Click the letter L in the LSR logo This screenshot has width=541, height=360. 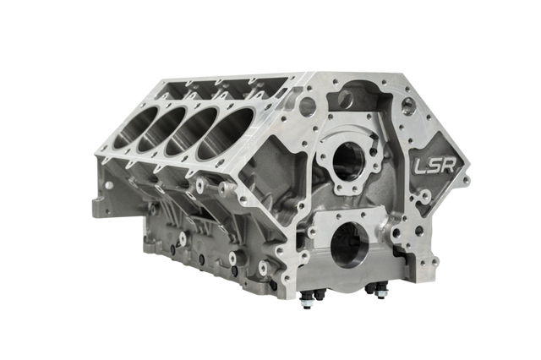[421, 167]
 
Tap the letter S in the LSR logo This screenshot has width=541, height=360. [434, 166]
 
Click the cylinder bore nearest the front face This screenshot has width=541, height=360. [225, 134]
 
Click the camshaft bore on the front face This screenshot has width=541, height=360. [348, 161]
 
